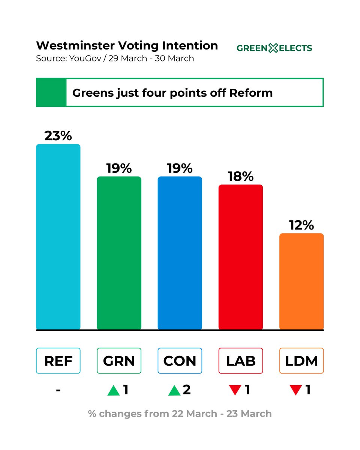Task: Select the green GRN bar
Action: tap(119, 253)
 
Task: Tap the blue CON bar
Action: tap(180, 253)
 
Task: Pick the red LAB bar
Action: tap(241, 257)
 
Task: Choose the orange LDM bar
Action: tap(301, 281)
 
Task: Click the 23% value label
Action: tap(58, 136)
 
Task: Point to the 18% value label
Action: tap(241, 176)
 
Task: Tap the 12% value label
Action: tap(301, 225)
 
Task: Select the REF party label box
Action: tap(58, 361)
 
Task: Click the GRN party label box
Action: tap(119, 361)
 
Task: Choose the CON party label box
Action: tap(180, 361)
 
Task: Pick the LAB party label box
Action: tap(241, 361)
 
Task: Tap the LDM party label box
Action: tap(301, 361)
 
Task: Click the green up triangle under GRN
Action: tap(113, 391)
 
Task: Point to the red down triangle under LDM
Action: tap(296, 391)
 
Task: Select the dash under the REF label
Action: tap(58, 390)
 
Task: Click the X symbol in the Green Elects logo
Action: tap(274, 48)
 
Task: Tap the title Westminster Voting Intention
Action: tap(127, 46)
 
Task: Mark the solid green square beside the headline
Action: tap(51, 93)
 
